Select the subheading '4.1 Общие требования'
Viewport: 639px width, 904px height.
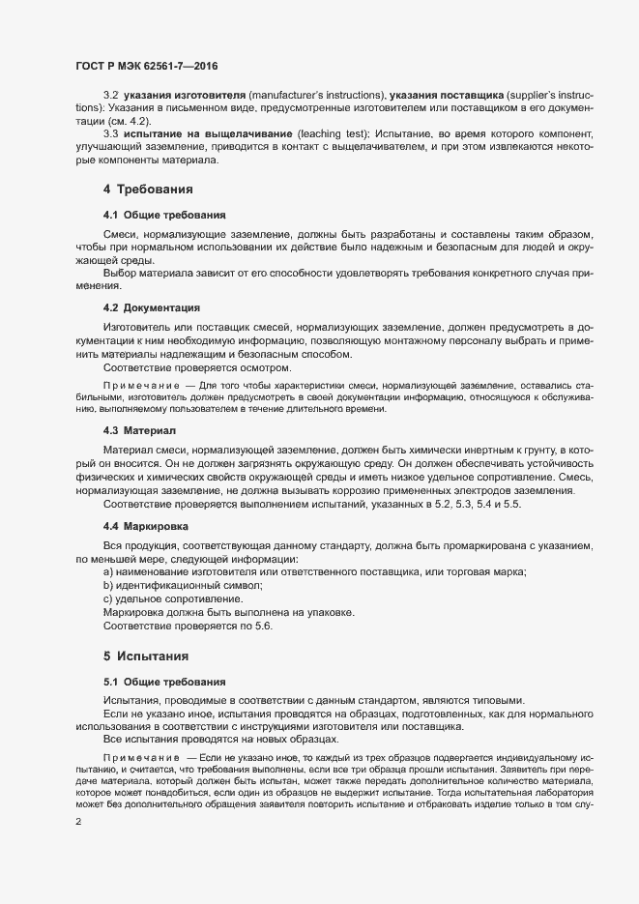pos(164,215)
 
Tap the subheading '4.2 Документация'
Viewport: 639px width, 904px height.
pos(151,307)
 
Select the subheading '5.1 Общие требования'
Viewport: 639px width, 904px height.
pos(164,682)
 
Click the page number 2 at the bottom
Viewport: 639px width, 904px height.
pos(77,824)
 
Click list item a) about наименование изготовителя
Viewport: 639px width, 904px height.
pos(314,573)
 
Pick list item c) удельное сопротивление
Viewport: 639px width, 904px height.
pos(173,599)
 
